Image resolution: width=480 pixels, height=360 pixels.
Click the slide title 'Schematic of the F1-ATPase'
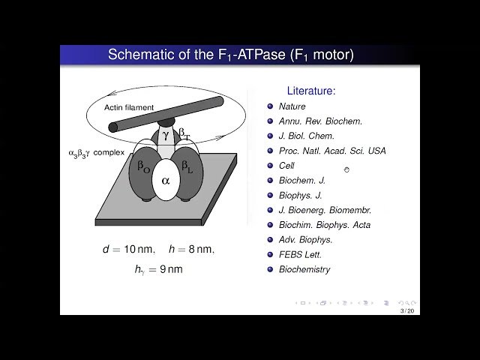click(x=231, y=55)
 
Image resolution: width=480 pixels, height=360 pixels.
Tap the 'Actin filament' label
click(x=129, y=107)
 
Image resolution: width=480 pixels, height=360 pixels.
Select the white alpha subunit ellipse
click(x=165, y=181)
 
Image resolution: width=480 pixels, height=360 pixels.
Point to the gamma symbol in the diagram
click(x=166, y=136)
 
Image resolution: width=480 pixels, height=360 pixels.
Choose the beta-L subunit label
click(x=188, y=166)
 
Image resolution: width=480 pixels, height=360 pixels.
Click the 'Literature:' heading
click(x=310, y=91)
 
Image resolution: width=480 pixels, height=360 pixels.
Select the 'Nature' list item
click(x=292, y=106)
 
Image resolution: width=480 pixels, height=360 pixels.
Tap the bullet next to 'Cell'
click(x=269, y=166)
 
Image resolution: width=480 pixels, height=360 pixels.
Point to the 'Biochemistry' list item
click(x=304, y=269)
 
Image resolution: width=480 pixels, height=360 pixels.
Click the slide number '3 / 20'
click(x=407, y=310)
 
